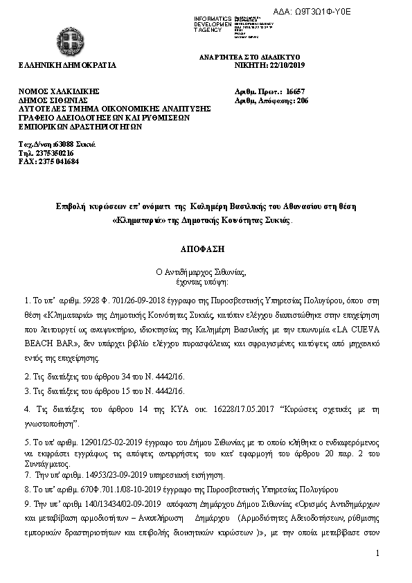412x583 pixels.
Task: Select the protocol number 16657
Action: point(295,91)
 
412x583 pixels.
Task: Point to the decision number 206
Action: point(302,100)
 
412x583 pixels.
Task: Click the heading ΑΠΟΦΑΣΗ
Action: point(206,247)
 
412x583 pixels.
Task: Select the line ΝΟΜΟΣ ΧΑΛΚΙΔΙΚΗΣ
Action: point(60,91)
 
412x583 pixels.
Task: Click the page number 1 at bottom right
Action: point(378,573)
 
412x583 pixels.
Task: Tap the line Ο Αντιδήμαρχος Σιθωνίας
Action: point(206,272)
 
